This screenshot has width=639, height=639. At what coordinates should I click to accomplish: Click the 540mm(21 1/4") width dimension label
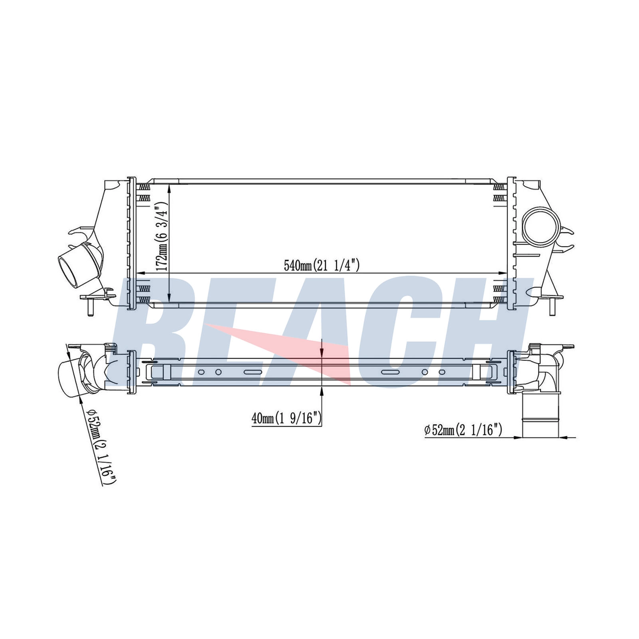coord(322,265)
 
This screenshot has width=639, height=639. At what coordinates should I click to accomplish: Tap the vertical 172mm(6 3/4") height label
coord(161,236)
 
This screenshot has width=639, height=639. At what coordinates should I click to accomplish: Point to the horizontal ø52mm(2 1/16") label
coord(463,430)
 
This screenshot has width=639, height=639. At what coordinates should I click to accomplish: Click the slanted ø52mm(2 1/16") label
coord(101,446)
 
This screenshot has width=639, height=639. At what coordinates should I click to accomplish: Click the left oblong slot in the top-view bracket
coord(253,372)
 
